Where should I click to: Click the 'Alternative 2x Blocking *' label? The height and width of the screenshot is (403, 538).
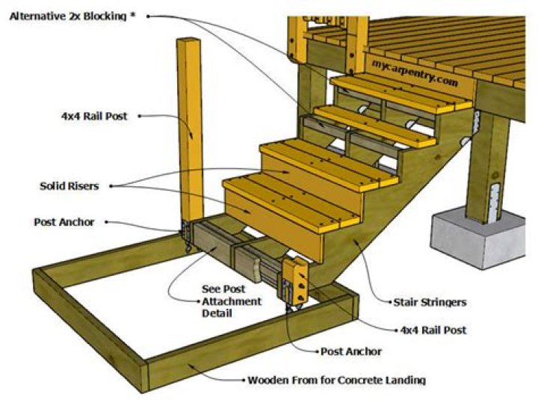click(72, 16)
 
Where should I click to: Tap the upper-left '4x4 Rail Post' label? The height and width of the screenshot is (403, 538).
click(94, 116)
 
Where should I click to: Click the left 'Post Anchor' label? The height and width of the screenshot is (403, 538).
click(64, 222)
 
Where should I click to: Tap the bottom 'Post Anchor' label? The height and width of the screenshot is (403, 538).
click(350, 351)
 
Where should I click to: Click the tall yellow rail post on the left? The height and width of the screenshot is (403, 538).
click(191, 127)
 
